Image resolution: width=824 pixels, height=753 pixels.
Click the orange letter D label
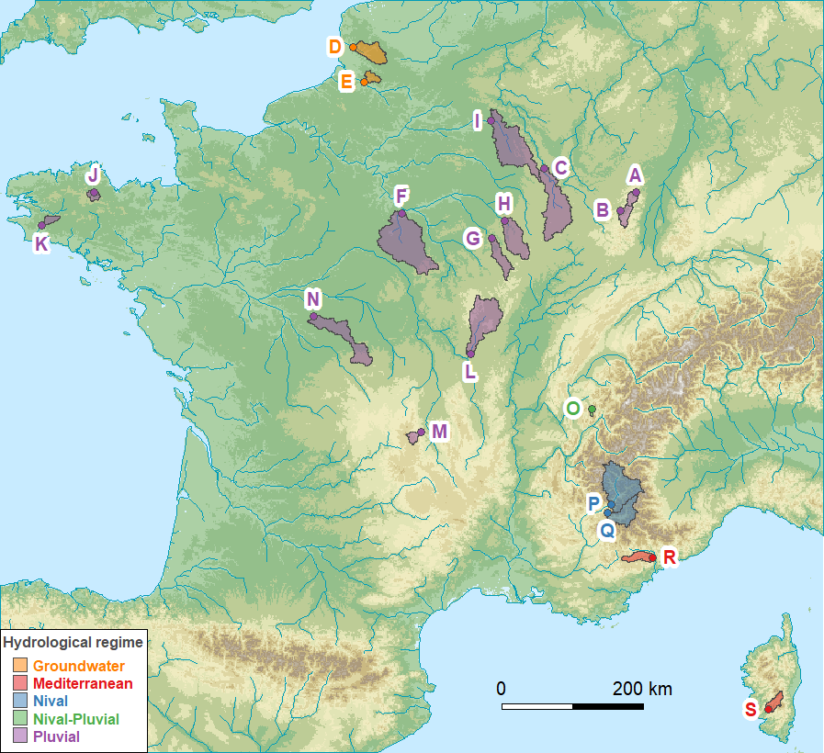(x=335, y=47)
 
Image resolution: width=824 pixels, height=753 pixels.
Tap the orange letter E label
(x=346, y=83)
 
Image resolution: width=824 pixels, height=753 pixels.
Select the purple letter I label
(x=477, y=121)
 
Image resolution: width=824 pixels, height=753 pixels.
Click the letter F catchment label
(x=401, y=196)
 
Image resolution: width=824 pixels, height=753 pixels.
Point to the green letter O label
(x=573, y=408)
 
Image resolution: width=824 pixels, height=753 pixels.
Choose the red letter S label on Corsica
(x=751, y=709)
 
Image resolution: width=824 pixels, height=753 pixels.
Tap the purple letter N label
(x=313, y=299)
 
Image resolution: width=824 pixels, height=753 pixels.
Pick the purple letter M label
(x=439, y=431)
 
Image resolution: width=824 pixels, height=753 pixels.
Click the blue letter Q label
(x=606, y=530)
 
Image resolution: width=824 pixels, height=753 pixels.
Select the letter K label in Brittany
(x=41, y=243)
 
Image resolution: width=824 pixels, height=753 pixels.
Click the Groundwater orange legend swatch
(x=20, y=666)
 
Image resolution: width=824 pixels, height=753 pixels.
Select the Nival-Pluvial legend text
(x=75, y=718)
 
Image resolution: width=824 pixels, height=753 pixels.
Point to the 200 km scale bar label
(x=642, y=689)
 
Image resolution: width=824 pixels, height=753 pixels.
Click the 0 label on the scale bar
(x=501, y=689)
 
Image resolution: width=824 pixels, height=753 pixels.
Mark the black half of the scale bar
(x=607, y=706)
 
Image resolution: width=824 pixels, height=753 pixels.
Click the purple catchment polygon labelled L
(x=485, y=319)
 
